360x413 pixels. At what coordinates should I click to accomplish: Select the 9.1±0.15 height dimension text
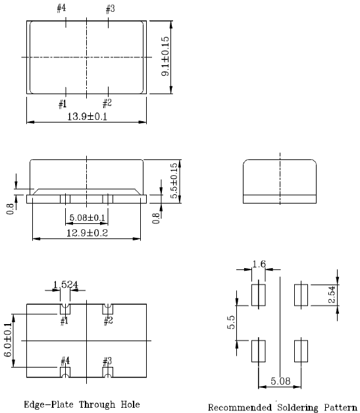(166, 57)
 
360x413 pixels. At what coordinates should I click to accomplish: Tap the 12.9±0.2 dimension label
(86, 233)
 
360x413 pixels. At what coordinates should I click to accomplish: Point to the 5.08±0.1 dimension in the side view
(86, 218)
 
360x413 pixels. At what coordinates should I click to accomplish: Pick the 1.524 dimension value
(66, 286)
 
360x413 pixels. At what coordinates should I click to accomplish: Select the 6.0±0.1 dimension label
(9, 340)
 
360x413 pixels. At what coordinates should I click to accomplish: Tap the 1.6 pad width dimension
(259, 264)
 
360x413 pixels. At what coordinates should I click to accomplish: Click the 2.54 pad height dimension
(330, 294)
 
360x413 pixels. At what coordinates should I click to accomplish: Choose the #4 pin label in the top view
(61, 9)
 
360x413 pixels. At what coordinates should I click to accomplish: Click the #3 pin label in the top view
(109, 9)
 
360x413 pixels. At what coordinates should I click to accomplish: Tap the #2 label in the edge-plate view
(107, 321)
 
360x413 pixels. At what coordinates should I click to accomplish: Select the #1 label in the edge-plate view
(64, 321)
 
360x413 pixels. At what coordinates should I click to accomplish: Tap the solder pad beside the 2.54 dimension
(301, 294)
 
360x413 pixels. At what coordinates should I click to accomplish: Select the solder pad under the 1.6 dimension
(258, 294)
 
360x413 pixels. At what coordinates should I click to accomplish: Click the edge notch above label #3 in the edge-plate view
(107, 373)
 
